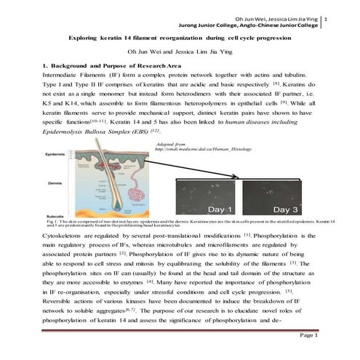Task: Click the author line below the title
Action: click(x=177, y=52)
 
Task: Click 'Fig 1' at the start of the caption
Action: click(x=51, y=220)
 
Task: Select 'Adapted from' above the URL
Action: click(x=172, y=144)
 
